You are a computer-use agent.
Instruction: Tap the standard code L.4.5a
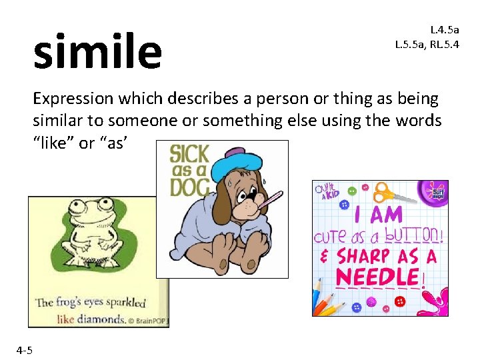pyautogui.click(x=445, y=30)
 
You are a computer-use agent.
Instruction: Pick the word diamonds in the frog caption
pyautogui.click(x=100, y=319)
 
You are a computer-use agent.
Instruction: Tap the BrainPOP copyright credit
pyautogui.click(x=148, y=320)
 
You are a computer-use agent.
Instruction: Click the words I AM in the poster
pyautogui.click(x=378, y=215)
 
